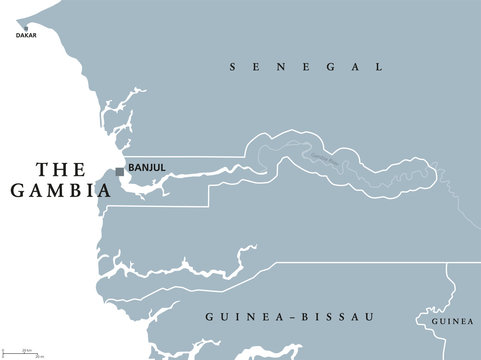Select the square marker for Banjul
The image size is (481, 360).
coord(120,171)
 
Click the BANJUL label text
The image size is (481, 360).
coord(146,169)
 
